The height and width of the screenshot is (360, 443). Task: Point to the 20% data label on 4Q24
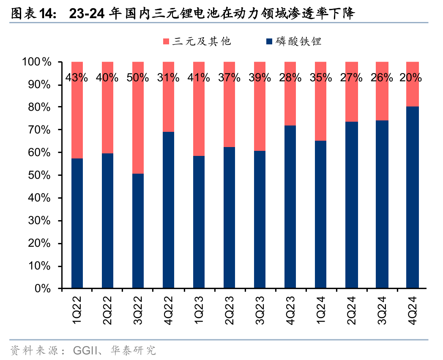(x=412, y=78)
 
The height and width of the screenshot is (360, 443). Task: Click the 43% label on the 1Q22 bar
(x=77, y=78)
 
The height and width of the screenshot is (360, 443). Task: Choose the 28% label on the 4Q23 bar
(x=290, y=78)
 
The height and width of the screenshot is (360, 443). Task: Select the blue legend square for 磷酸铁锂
(x=269, y=41)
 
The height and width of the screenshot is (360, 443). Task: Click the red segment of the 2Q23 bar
(x=229, y=114)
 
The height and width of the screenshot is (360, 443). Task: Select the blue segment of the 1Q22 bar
(x=77, y=224)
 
